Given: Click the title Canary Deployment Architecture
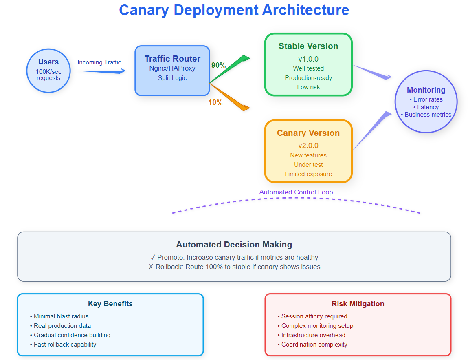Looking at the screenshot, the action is click(x=234, y=10).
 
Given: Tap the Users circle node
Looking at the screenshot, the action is click(x=48, y=71).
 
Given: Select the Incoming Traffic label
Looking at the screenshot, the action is click(x=99, y=62).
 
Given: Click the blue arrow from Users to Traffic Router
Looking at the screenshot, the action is click(x=100, y=71).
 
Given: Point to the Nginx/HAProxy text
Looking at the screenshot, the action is click(x=172, y=68).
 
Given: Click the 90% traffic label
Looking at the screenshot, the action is click(x=218, y=65).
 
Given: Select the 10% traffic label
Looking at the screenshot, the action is click(x=215, y=102).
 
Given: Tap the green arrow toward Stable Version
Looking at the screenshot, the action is click(x=230, y=68).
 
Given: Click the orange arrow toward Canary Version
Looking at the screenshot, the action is click(x=230, y=97).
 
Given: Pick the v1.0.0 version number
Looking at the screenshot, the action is click(x=308, y=59).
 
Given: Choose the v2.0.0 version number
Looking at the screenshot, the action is click(x=308, y=146).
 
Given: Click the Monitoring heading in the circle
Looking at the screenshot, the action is click(x=426, y=90).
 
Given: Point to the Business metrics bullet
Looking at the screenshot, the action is click(x=426, y=115).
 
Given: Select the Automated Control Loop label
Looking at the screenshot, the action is click(x=296, y=192).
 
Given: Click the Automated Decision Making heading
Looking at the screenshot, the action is click(x=234, y=245).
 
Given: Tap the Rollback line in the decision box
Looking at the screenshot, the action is click(x=234, y=267).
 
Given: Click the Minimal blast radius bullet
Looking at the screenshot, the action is click(x=59, y=316).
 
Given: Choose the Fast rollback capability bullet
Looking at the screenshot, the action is click(x=63, y=345).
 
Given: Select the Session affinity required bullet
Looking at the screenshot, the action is click(x=312, y=316).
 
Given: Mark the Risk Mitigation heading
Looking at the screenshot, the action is click(x=358, y=304).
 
